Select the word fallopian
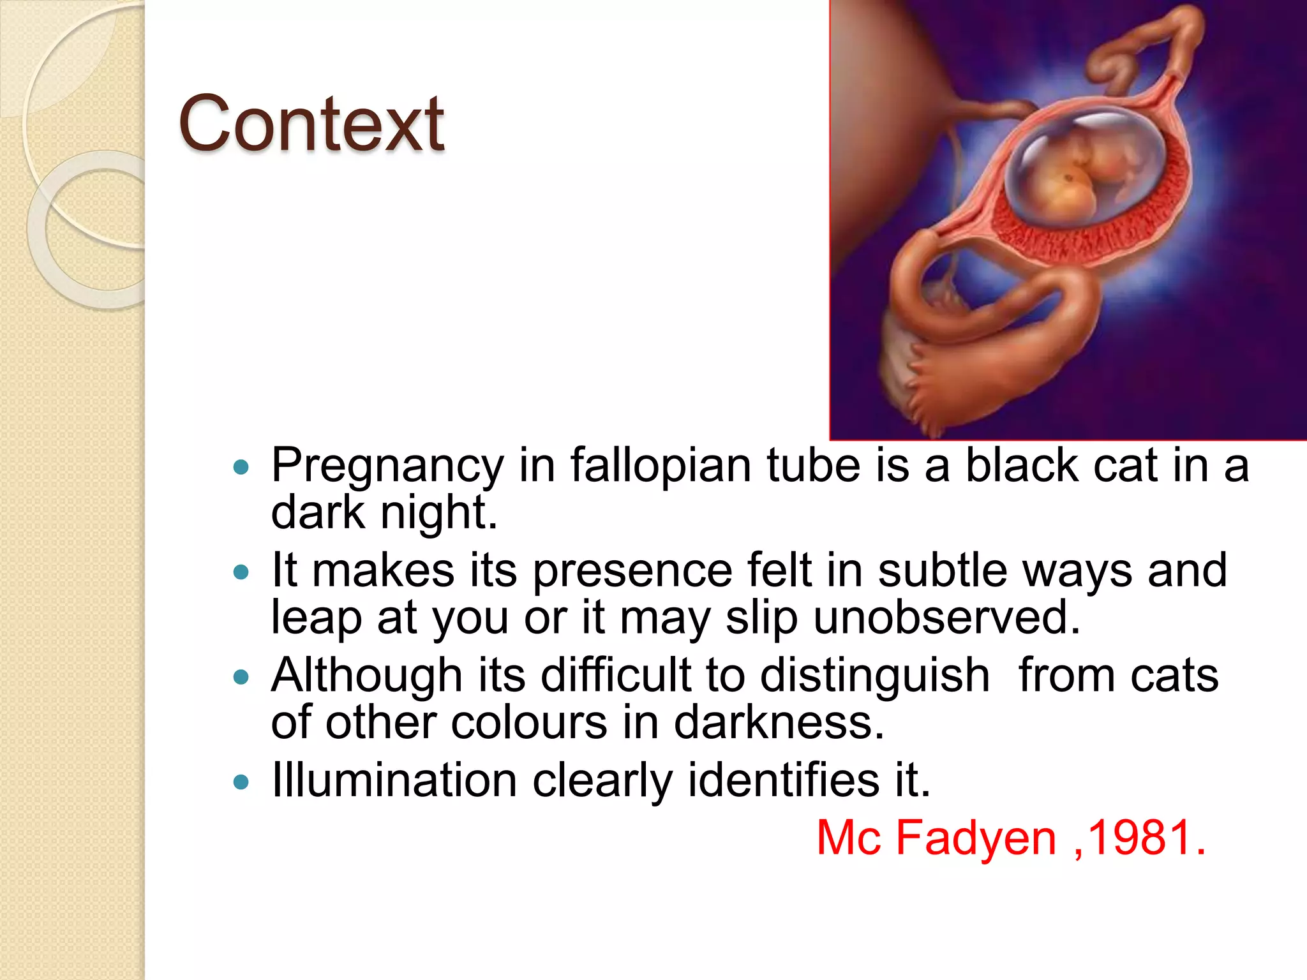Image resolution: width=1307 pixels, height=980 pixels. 660,466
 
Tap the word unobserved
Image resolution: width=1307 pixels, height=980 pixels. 947,617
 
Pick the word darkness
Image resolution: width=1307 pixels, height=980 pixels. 779,722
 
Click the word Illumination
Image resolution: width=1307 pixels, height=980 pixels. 394,780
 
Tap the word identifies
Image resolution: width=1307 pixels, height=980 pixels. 783,780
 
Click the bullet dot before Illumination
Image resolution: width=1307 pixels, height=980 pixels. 241,782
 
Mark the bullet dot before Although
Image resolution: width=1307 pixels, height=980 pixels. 241,677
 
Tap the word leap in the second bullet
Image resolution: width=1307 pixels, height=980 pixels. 316,618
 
